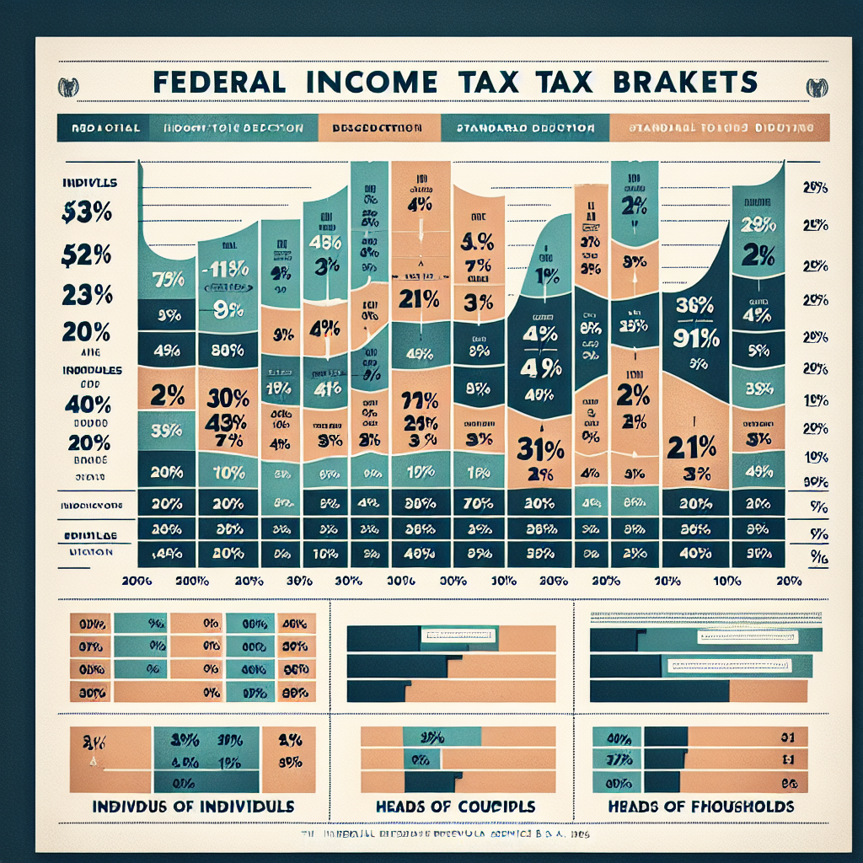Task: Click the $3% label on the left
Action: point(87,214)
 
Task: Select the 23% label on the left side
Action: point(87,295)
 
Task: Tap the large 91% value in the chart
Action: point(695,338)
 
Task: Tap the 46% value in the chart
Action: point(324,242)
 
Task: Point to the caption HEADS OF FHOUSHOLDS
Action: point(701,807)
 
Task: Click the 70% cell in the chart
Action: point(479,503)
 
